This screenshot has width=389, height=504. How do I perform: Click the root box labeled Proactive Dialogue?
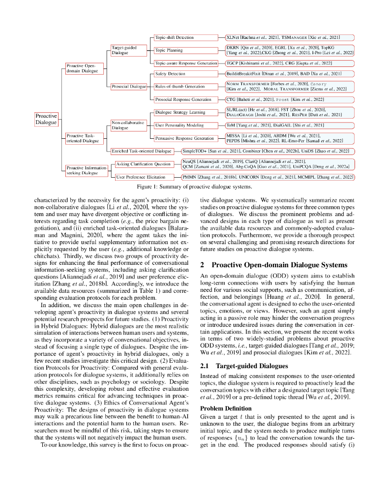(x=46, y=119)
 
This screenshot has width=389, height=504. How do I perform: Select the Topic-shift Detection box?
(x=174, y=37)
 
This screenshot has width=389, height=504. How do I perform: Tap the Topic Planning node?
(x=169, y=50)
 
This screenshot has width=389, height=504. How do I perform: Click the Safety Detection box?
(x=170, y=74)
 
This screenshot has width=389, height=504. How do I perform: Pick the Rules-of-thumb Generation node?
(x=180, y=87)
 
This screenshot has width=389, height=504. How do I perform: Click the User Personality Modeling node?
(x=180, y=126)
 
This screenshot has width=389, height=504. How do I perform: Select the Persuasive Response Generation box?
(x=184, y=138)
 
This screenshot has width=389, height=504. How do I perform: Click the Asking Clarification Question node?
(x=143, y=164)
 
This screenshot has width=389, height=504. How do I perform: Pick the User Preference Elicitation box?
(x=141, y=177)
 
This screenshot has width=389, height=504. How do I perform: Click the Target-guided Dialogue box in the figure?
(x=123, y=50)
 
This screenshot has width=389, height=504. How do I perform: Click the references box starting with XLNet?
(x=289, y=37)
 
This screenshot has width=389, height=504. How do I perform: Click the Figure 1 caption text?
(x=194, y=187)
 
